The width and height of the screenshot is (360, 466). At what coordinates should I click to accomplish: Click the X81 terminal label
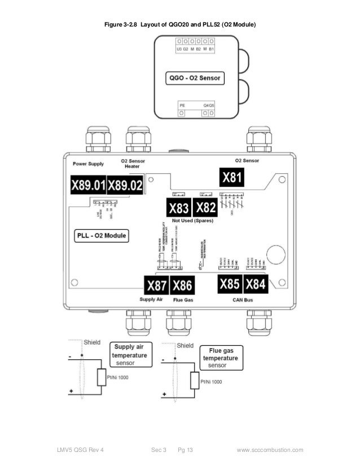(233, 178)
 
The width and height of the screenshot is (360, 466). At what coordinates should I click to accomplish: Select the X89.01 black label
(89, 184)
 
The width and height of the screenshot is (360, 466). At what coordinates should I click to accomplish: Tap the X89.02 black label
(125, 184)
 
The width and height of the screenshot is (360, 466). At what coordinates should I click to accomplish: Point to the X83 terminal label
(179, 208)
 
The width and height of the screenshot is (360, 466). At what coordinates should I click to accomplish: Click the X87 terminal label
(156, 285)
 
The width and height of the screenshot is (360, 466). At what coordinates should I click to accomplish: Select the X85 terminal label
(230, 284)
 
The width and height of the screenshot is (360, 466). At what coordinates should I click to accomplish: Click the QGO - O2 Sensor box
(194, 78)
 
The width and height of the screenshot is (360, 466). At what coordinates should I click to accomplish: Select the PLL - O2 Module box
(102, 235)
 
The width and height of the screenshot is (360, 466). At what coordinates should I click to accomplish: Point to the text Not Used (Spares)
(195, 221)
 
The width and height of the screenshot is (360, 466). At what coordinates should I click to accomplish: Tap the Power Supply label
(89, 164)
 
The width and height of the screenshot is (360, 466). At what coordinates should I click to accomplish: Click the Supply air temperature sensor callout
(130, 355)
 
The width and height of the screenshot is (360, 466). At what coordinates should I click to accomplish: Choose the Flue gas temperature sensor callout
(222, 358)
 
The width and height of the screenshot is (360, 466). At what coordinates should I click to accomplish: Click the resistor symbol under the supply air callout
(102, 377)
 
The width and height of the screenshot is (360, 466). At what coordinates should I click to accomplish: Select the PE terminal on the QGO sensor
(181, 113)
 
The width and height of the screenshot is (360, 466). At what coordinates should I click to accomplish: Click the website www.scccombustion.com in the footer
(270, 450)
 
